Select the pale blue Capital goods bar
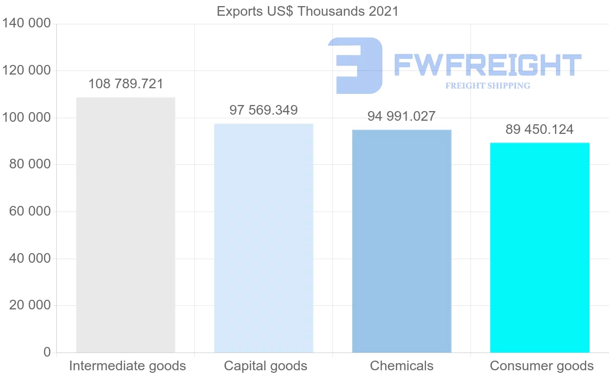click(263, 238)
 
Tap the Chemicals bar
click(401, 241)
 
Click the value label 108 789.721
click(126, 84)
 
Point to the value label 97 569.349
click(263, 110)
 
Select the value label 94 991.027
click(401, 116)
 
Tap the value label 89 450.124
click(539, 129)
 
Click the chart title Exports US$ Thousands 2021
click(308, 11)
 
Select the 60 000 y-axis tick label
click(30, 212)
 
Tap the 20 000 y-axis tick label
click(30, 305)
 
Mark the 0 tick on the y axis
click(47, 352)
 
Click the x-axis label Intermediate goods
click(127, 366)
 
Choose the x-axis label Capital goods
click(265, 366)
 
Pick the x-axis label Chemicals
click(401, 366)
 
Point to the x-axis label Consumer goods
click(542, 366)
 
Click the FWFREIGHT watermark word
click(487, 65)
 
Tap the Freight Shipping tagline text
click(487, 86)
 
